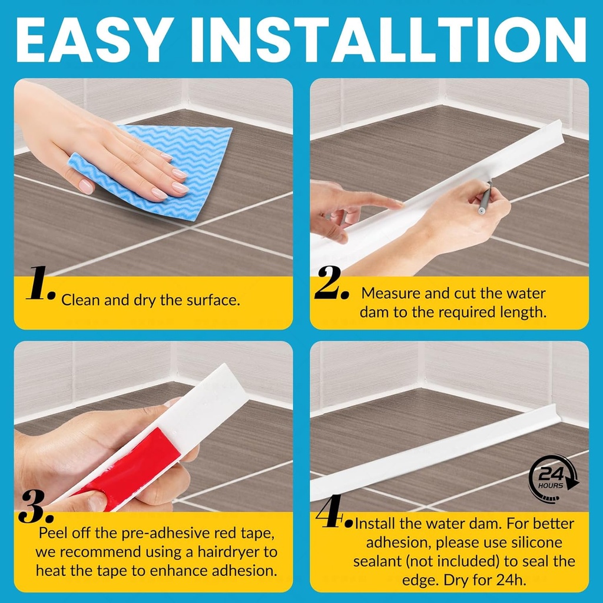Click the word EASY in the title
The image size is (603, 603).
click(x=93, y=39)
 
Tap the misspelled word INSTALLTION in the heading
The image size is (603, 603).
click(x=389, y=39)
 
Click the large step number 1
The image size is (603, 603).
click(x=41, y=283)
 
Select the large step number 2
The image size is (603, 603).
click(x=332, y=283)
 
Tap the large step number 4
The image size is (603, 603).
click(x=333, y=511)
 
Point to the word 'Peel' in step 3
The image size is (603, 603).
click(x=54, y=533)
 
